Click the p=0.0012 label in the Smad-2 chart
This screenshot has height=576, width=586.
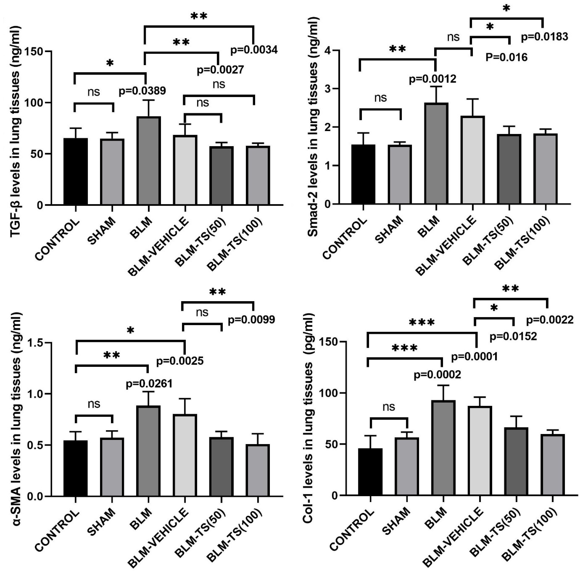coord(432,79)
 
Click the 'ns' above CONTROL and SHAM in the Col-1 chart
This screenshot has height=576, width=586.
coord(389,407)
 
